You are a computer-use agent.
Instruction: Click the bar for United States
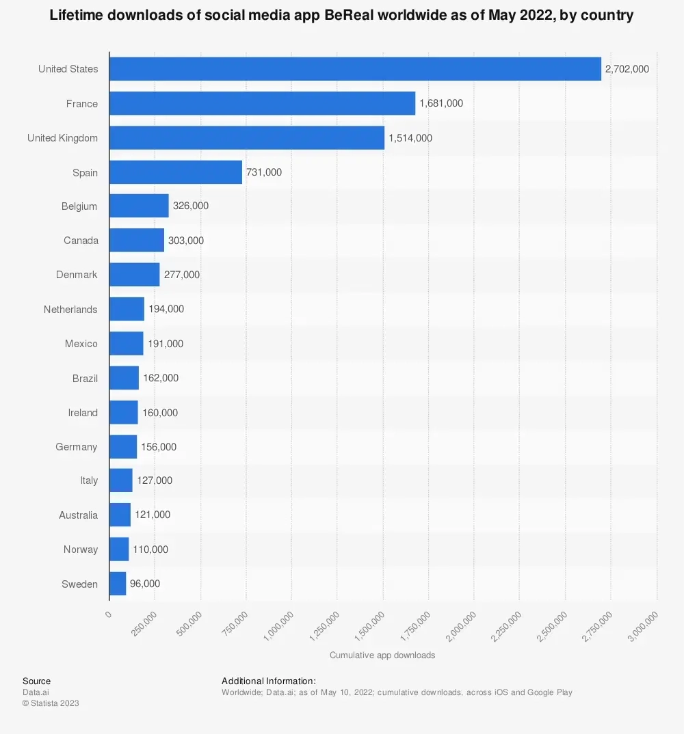(355, 69)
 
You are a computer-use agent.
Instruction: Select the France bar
(262, 103)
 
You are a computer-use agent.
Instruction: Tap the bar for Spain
(176, 172)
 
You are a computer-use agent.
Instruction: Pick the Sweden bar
(118, 584)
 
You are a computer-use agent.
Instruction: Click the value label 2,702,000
(627, 69)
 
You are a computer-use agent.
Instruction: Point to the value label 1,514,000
(410, 138)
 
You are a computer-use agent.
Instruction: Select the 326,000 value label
(191, 206)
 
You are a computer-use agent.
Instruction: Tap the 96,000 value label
(145, 584)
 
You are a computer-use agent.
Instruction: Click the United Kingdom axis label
(62, 138)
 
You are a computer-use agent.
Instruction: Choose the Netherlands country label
(70, 310)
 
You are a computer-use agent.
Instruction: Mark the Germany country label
(77, 447)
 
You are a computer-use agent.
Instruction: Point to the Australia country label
(78, 515)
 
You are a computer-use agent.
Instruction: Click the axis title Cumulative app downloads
(382, 655)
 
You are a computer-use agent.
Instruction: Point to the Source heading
(36, 681)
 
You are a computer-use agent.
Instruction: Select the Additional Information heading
(269, 681)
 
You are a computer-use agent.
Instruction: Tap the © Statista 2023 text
(51, 703)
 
